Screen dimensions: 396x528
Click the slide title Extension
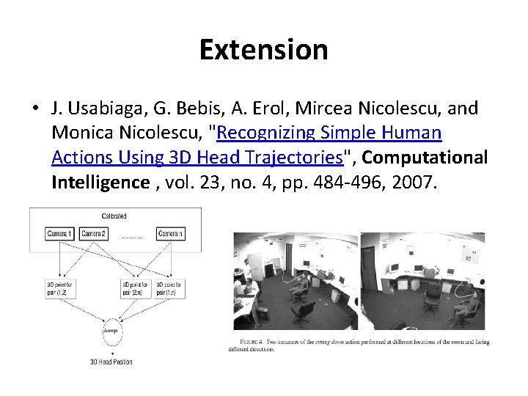pos(263,50)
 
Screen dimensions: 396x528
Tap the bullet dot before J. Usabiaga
pos(35,109)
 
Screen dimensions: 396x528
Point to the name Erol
pos(250,109)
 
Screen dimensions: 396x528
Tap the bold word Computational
pos(425,157)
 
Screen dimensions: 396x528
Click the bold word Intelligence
pos(100,182)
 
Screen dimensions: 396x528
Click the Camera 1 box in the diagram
pos(59,234)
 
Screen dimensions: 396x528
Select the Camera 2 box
pos(93,234)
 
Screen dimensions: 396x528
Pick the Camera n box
pos(169,234)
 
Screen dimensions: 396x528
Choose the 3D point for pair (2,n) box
pos(134,287)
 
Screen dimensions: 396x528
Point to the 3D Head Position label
pos(111,362)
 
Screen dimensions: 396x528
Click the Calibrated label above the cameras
pos(114,216)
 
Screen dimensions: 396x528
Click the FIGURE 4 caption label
pos(253,342)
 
